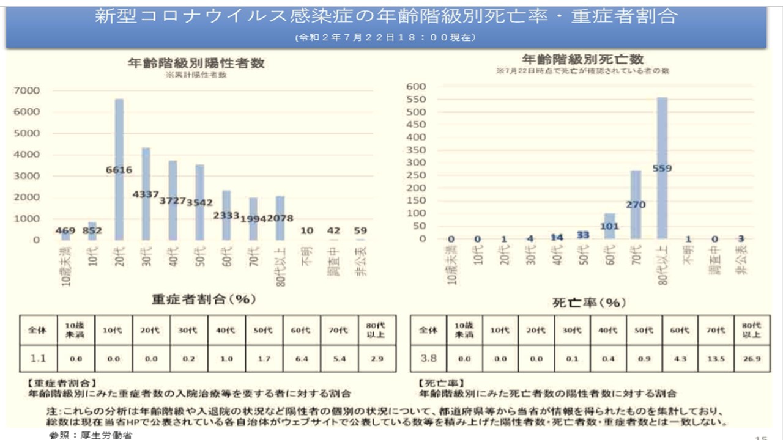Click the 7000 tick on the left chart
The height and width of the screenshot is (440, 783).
pyautogui.click(x=28, y=90)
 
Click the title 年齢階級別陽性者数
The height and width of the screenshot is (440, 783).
pyautogui.click(x=196, y=63)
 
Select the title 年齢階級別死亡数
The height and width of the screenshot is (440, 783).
pyautogui.click(x=582, y=59)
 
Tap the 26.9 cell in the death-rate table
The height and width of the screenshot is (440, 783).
pyautogui.click(x=751, y=359)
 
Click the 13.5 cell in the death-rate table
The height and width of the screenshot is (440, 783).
pyautogui.click(x=714, y=359)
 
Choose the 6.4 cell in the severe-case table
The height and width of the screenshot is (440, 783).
pyautogui.click(x=300, y=359)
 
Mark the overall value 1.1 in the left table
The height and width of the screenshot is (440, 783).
pyautogui.click(x=39, y=359)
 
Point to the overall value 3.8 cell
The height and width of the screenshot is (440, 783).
pyautogui.click(x=428, y=359)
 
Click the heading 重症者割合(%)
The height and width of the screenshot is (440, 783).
pyautogui.click(x=203, y=300)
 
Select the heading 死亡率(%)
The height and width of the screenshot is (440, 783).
pyautogui.click(x=589, y=302)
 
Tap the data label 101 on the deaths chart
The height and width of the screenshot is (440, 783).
pyautogui.click(x=609, y=226)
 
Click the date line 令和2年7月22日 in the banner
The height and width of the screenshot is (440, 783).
pyautogui.click(x=385, y=37)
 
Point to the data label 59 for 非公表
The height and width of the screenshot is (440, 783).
pyautogui.click(x=362, y=231)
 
